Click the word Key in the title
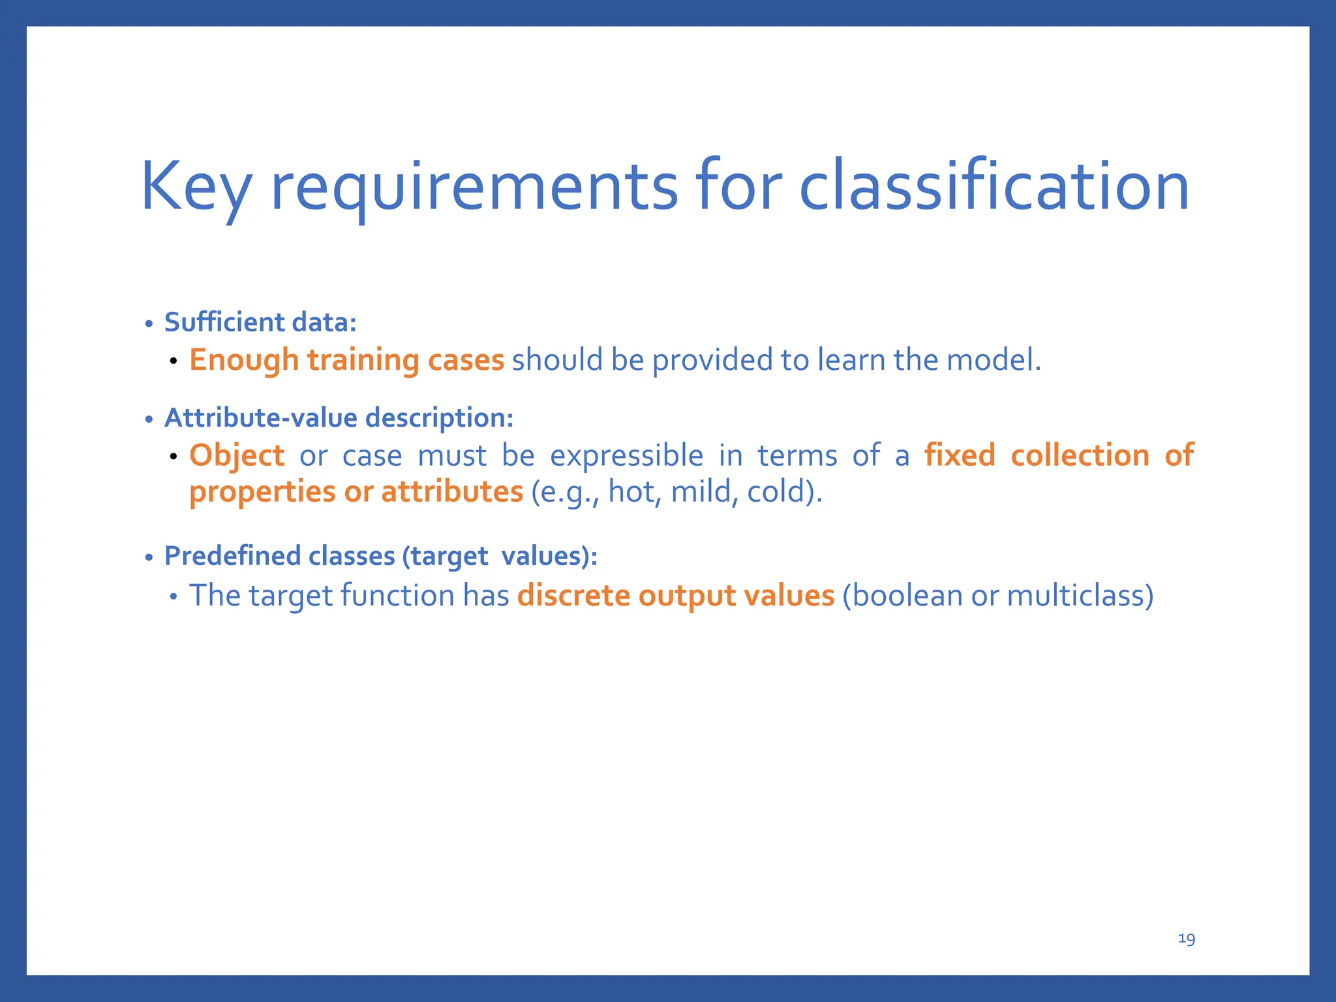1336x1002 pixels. point(196,188)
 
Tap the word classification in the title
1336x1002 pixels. point(994,188)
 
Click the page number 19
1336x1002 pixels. point(1186,939)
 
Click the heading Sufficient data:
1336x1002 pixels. point(260,322)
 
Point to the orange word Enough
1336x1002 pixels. point(244,360)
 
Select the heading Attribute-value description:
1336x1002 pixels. point(339,417)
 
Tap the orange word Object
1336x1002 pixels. point(237,455)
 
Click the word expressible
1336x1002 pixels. point(626,455)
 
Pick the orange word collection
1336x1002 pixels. point(1080,455)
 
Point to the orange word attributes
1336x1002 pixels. point(452,492)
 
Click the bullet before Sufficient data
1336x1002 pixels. point(149,324)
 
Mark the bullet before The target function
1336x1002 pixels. point(173,597)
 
